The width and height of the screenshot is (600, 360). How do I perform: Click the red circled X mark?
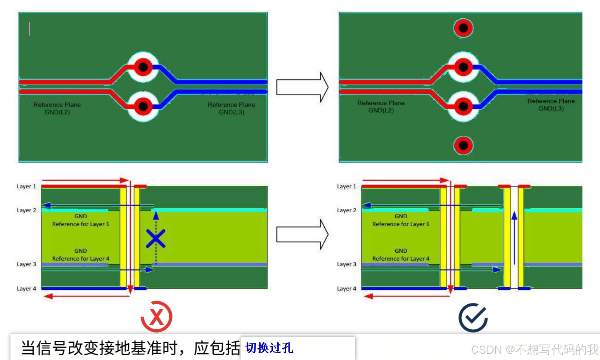[156, 317]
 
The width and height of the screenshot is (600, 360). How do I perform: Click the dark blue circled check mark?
[473, 317]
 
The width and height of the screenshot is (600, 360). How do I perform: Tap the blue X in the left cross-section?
[155, 239]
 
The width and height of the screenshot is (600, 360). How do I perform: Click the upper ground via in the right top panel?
[463, 28]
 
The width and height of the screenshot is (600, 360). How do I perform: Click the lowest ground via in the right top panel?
[463, 145]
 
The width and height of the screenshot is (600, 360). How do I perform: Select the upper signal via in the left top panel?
[143, 67]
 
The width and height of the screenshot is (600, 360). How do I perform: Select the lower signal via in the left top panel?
[143, 107]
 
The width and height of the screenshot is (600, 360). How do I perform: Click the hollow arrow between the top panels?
[302, 87]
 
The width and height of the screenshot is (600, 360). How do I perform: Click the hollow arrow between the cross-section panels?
[302, 234]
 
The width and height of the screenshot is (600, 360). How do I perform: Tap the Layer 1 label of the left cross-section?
[26, 186]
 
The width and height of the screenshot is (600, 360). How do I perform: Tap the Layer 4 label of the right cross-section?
[346, 289]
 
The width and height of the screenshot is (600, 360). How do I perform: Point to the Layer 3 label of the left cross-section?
[26, 264]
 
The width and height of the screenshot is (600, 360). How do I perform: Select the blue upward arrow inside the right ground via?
[514, 238]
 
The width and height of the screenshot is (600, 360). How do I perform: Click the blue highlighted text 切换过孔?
[269, 348]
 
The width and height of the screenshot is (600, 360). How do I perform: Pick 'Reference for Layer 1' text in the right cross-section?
[400, 224]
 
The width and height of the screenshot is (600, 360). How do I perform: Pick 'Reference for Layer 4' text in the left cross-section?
[81, 259]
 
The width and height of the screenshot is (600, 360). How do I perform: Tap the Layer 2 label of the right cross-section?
[346, 210]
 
